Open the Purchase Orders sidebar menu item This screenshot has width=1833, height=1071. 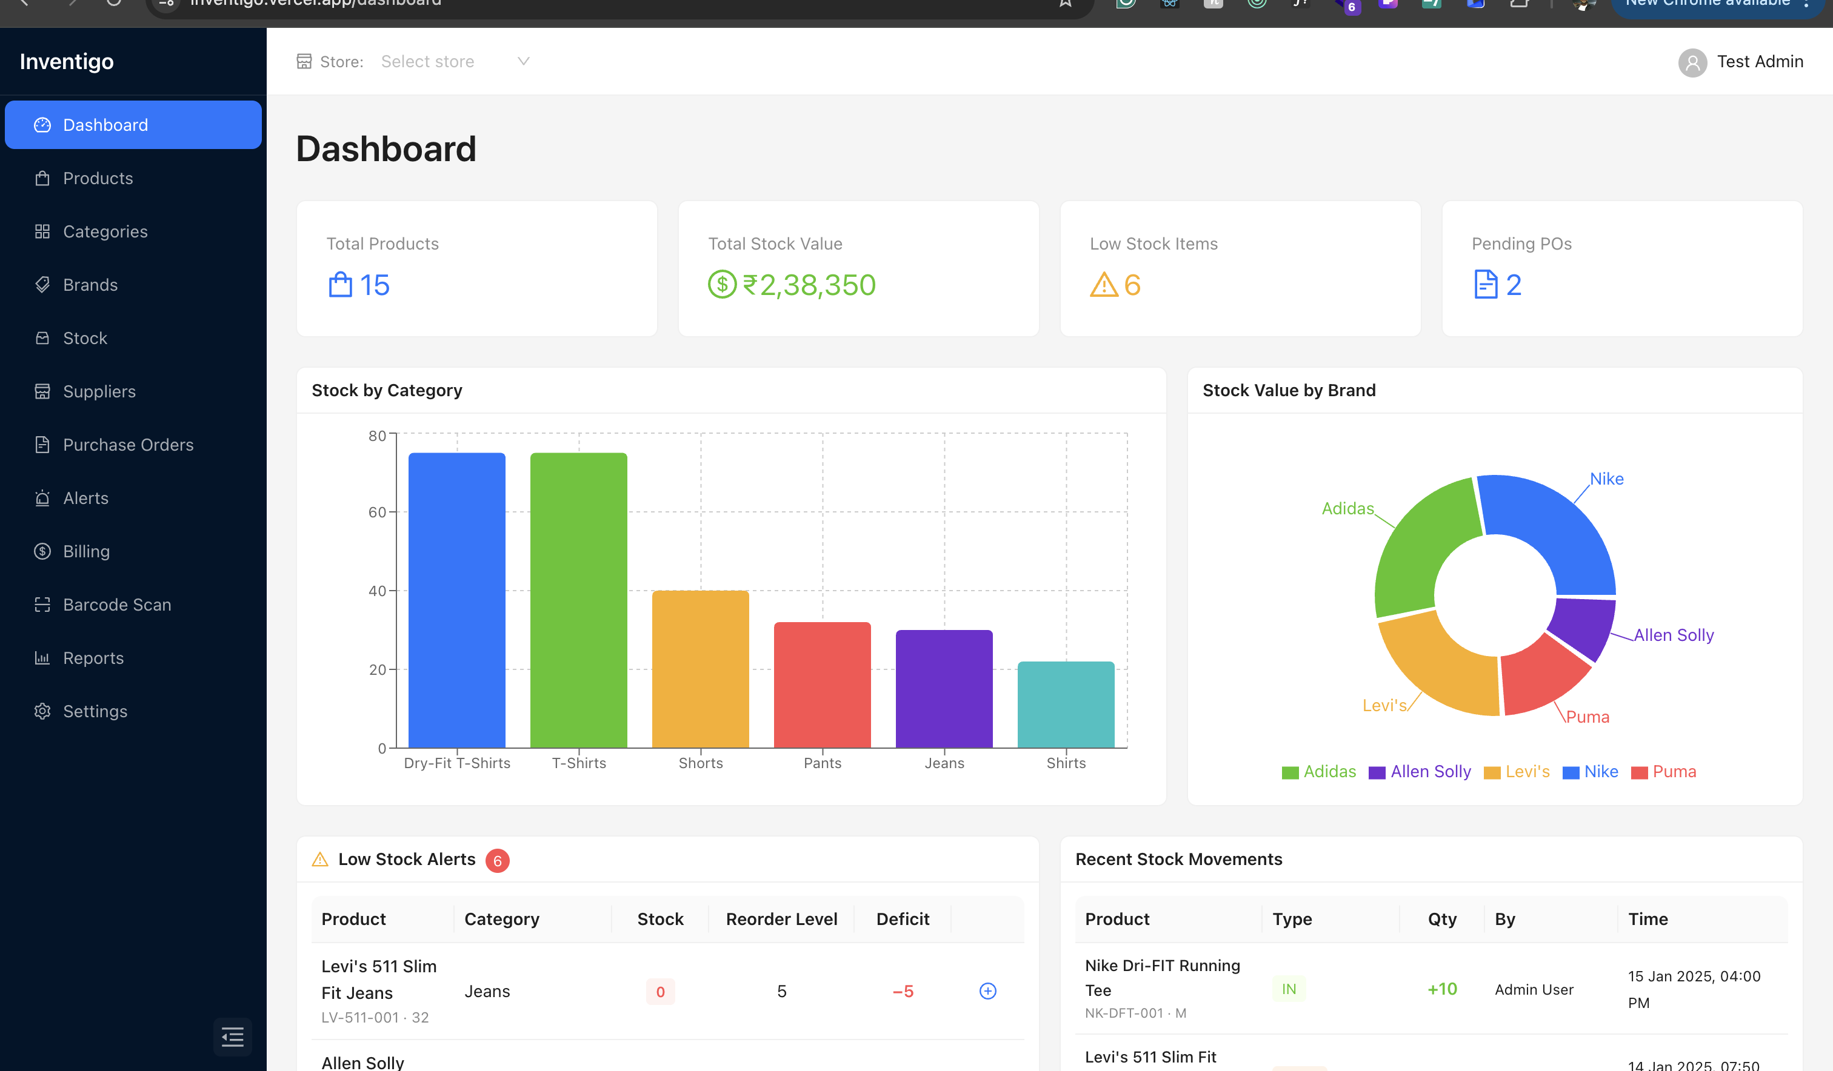tap(127, 445)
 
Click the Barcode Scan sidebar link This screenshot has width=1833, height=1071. tap(116, 605)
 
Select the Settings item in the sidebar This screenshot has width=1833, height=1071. tap(95, 711)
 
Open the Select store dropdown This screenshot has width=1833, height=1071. tap(454, 62)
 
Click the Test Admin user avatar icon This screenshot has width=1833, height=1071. tap(1692, 62)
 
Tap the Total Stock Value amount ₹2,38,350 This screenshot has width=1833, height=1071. tap(808, 285)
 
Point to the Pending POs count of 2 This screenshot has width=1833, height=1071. tap(1513, 285)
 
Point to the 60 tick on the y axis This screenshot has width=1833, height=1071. tap(377, 512)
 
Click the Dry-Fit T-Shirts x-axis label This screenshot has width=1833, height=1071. tap(457, 763)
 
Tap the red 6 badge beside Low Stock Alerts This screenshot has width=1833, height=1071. tap(498, 861)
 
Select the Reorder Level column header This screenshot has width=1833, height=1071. tap(781, 919)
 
